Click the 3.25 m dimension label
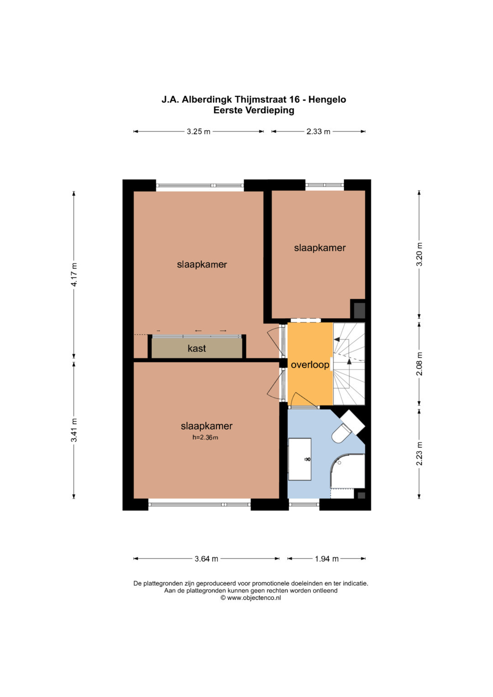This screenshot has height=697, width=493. [x=199, y=131]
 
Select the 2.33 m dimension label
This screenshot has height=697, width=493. [x=318, y=131]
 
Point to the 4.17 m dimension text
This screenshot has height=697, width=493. [x=74, y=275]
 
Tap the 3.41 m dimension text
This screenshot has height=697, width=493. [x=74, y=430]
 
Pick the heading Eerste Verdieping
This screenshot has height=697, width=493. [x=254, y=110]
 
